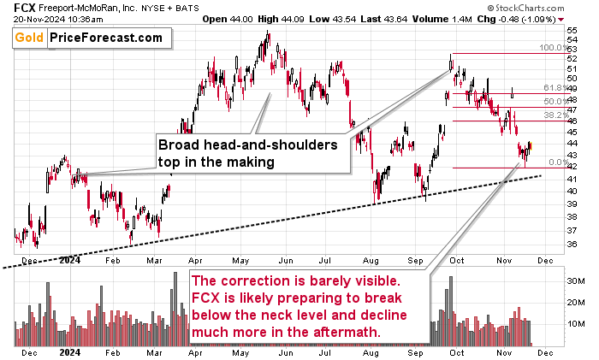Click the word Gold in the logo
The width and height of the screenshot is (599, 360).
coord(28,38)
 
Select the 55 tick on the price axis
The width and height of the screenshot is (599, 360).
coord(572,30)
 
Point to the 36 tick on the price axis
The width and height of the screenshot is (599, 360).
coord(572,245)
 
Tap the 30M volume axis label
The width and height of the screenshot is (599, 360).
coord(574,280)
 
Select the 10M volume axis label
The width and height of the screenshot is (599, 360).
coord(574,325)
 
